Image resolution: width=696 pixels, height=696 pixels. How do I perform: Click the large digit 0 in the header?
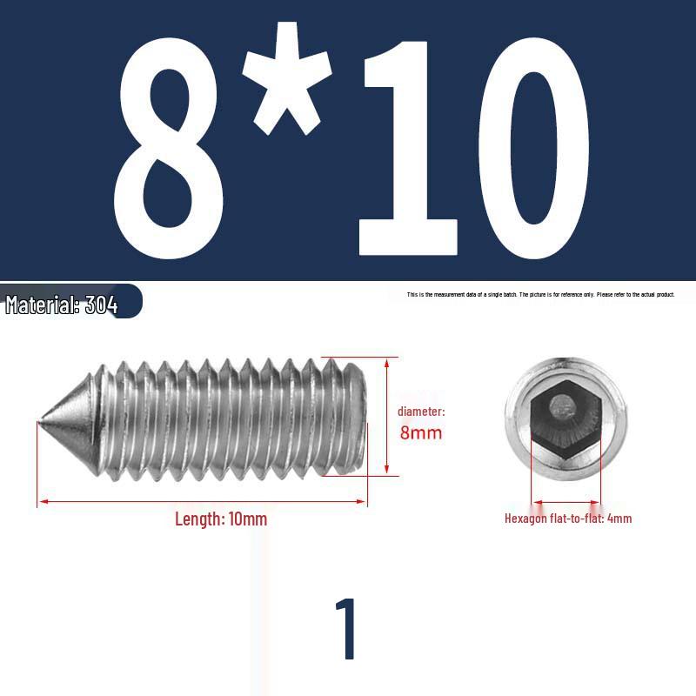534,148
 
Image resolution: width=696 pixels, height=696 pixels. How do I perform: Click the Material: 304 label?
61,304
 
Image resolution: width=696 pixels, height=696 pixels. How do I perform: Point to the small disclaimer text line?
540,294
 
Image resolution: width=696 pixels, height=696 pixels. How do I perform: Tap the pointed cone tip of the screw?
40,421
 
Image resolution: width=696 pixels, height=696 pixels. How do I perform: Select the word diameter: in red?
421,412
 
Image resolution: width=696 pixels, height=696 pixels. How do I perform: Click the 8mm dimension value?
421,432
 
